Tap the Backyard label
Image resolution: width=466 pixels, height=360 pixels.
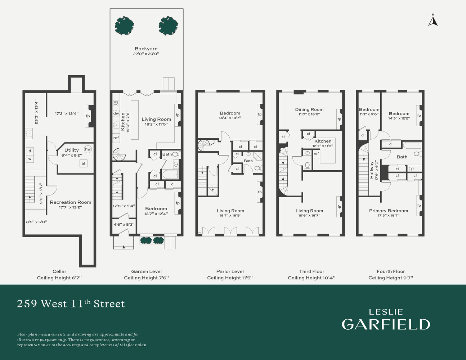pos(146,49)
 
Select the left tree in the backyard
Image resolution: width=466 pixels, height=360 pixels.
pos(124,26)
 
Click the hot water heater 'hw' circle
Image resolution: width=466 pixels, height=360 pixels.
pos(88,149)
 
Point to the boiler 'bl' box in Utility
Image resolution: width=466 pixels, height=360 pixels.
pos(83,163)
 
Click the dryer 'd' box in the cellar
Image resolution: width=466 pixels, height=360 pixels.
pos(30,151)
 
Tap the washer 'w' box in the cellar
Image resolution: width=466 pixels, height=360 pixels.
pos(30,159)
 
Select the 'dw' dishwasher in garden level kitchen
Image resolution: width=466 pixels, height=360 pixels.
pos(116,113)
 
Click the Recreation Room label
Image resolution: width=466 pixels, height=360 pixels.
pos(71,202)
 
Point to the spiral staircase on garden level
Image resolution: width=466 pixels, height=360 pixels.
pos(119,154)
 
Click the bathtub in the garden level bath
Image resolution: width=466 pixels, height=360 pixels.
pos(170,175)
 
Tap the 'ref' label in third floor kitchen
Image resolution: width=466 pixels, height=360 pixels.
pos(316,154)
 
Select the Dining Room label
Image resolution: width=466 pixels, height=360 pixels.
pos(309,109)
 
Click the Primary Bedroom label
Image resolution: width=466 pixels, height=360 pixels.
pos(389,211)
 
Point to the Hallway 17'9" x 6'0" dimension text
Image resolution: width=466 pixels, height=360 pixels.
pos(376,170)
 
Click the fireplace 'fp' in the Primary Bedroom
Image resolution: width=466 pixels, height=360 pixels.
pos(419,206)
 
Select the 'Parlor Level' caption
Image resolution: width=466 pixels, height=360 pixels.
pos(230,271)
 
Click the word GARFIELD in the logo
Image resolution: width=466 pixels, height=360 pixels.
pos(386,324)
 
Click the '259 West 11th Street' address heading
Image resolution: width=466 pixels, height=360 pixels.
pos(71,303)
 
